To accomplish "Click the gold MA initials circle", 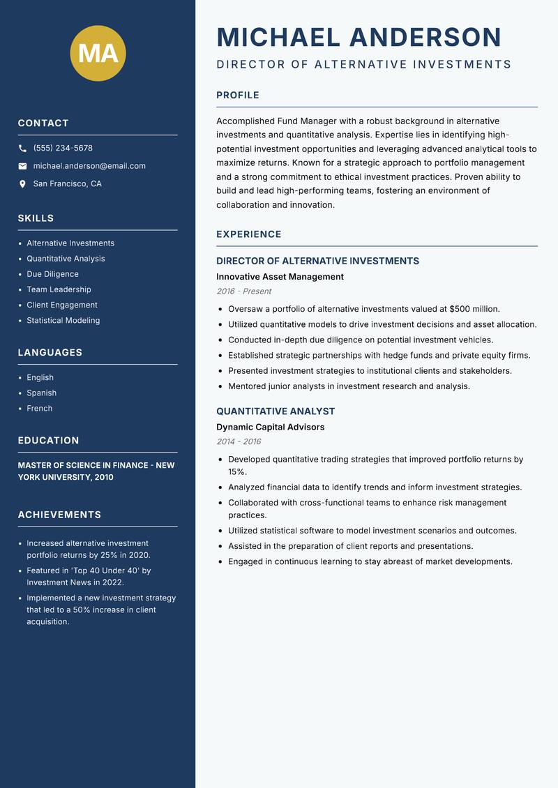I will click(98, 53).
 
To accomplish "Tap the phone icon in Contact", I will click(22, 149).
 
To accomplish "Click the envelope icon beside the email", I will click(22, 166).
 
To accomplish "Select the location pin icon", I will click(22, 184).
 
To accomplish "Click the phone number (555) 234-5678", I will click(63, 149).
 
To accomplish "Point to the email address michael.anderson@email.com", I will click(89, 166).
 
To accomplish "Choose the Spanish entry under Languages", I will click(41, 393).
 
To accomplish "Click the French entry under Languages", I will click(39, 409).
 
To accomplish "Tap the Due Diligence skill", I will click(52, 274).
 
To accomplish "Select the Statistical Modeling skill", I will click(63, 321).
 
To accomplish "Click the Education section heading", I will click(48, 441).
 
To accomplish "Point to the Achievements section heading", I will click(59, 515).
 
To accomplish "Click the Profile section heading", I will click(238, 96).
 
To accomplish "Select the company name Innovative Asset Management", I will click(280, 277).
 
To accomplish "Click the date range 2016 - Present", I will click(243, 291).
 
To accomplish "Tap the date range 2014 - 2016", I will click(238, 441).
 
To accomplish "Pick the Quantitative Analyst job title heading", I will click(276, 411).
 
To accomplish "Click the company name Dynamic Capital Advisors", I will click(270, 427).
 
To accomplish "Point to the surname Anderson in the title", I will click(425, 37).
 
